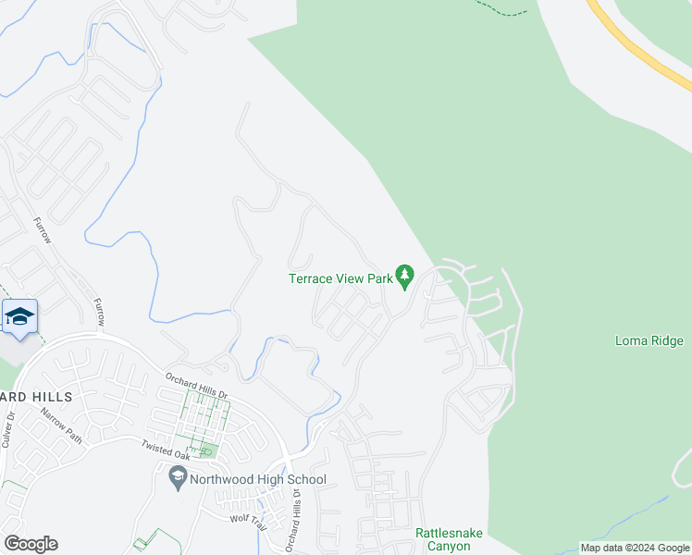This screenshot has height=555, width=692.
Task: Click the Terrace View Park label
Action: click(x=340, y=277)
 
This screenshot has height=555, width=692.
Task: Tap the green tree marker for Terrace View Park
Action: click(x=404, y=275)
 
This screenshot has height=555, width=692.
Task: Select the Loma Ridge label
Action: click(x=649, y=340)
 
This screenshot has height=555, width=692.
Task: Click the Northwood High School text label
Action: click(x=258, y=479)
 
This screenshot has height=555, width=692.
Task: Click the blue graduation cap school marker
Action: click(x=19, y=316)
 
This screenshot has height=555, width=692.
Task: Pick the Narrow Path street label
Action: click(x=61, y=425)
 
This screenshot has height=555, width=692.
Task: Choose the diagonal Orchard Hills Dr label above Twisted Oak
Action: click(x=196, y=385)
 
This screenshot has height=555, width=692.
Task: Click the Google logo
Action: click(x=30, y=544)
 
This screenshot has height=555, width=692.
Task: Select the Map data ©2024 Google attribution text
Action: click(x=635, y=548)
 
